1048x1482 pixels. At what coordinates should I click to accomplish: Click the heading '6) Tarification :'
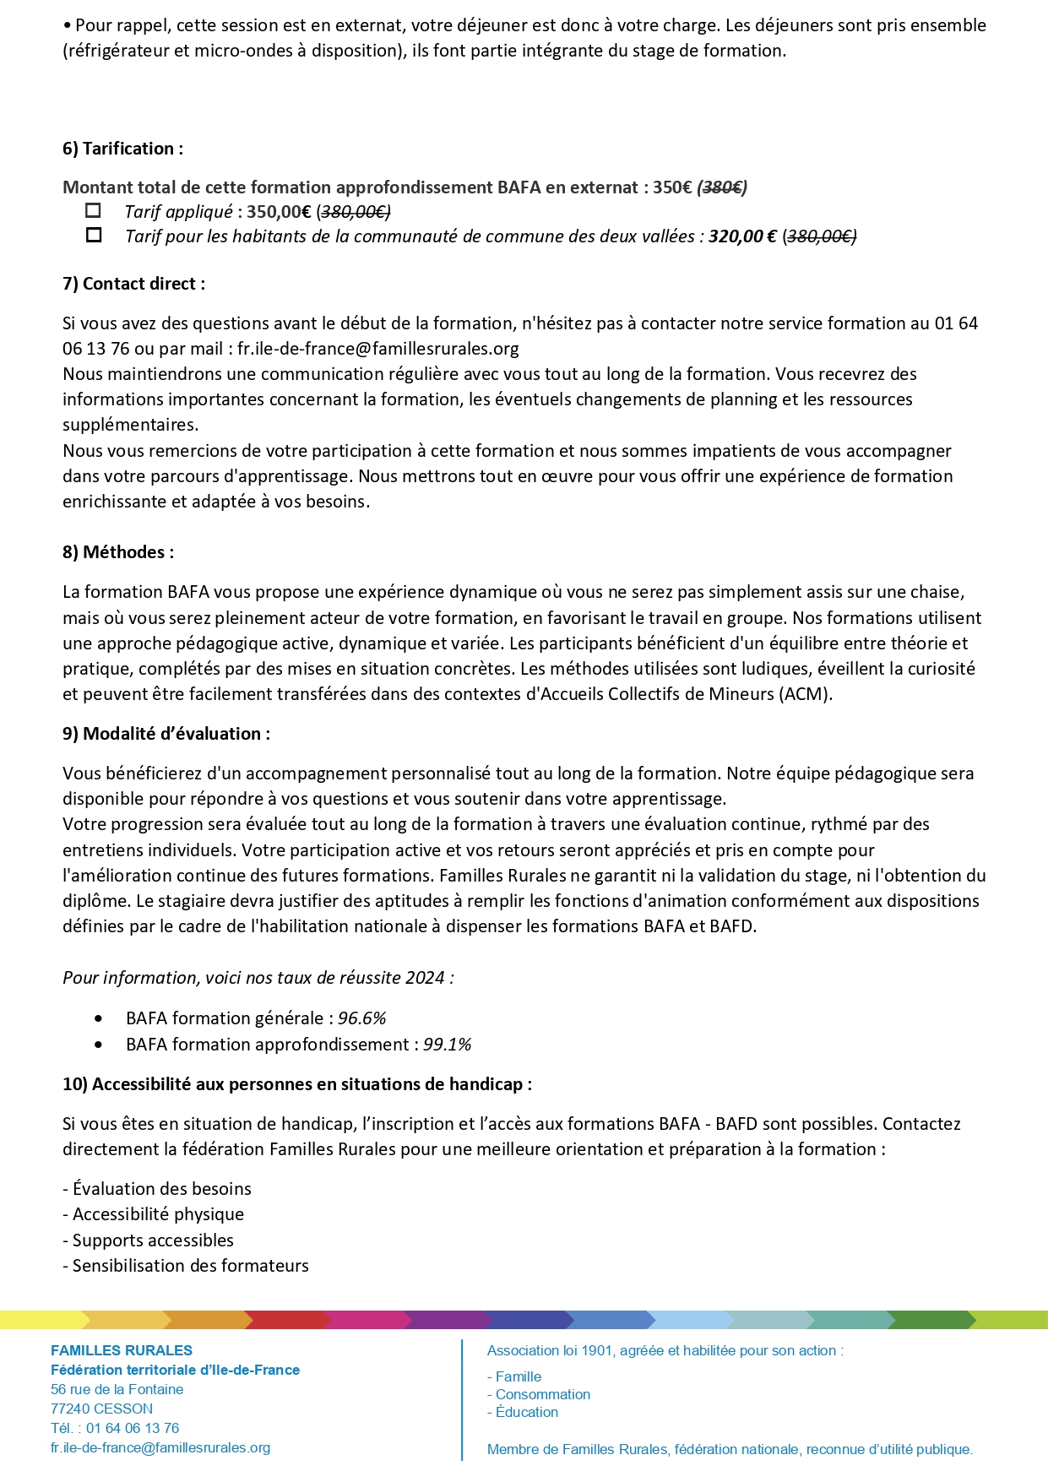(x=122, y=149)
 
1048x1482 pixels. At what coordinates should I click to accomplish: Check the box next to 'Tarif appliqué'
(x=94, y=210)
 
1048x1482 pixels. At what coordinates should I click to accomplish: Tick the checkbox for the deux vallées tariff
(x=94, y=235)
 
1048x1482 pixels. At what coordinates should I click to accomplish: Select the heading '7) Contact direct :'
(x=133, y=284)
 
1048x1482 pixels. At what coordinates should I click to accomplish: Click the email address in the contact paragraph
(x=377, y=349)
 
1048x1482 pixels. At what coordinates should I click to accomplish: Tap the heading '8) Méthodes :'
(x=118, y=552)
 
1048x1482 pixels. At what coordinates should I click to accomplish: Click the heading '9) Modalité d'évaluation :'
(x=166, y=734)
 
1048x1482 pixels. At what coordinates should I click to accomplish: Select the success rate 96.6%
(x=361, y=1018)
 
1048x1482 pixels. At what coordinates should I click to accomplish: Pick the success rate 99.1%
(x=447, y=1045)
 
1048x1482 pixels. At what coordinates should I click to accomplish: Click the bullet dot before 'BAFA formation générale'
(x=99, y=1018)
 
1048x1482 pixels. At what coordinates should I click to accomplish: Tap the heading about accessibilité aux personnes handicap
(x=297, y=1084)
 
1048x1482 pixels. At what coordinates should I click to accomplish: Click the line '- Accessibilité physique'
(x=153, y=1214)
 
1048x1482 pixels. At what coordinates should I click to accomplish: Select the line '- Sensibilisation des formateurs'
(x=185, y=1266)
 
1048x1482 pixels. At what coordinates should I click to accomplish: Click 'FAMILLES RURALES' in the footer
(x=122, y=1350)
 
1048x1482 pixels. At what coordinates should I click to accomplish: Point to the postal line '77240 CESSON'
(x=101, y=1409)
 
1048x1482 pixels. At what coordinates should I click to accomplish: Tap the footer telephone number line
(x=115, y=1428)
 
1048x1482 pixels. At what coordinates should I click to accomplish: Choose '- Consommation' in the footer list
(x=539, y=1394)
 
